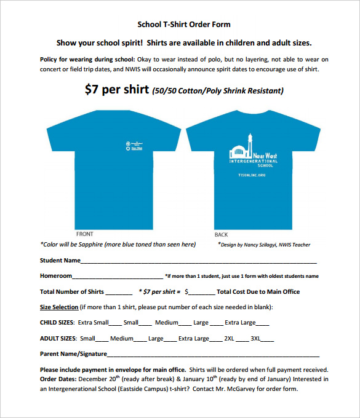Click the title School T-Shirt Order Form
[183, 25]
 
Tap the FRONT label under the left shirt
[84, 234]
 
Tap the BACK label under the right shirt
[221, 235]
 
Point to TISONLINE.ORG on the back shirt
[252, 175]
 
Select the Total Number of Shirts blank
[119, 292]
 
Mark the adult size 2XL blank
[241, 339]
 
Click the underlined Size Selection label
[59, 307]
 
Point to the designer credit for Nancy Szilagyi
[264, 245]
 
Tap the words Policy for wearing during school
[87, 60]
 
